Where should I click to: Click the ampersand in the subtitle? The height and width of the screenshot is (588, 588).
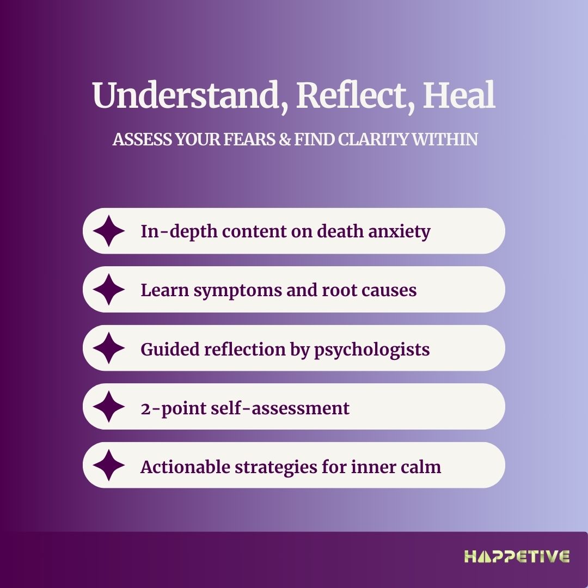coord(285,139)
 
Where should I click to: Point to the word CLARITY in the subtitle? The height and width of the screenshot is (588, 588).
coord(373,139)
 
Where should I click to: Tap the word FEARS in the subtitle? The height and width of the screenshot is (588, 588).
coord(250,139)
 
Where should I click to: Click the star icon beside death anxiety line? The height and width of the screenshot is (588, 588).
coord(109,231)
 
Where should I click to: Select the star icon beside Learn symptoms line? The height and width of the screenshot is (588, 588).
coord(109,290)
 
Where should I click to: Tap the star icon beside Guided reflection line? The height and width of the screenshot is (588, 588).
coord(109,348)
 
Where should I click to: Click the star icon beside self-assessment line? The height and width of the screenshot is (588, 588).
coord(109,407)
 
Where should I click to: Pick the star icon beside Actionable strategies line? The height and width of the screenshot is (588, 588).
coord(109,465)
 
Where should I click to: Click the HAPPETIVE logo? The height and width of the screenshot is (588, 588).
coord(517,556)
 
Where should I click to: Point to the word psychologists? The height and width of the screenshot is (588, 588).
coord(372,350)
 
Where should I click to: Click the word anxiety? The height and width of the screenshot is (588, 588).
coord(399,232)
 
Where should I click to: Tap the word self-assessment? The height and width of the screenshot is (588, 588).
coord(280,408)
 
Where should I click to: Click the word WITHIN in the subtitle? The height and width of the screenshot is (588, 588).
coord(444,139)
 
